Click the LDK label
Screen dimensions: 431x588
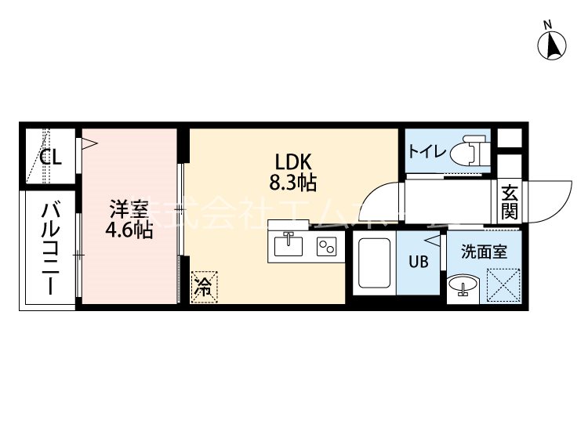(x=294, y=162)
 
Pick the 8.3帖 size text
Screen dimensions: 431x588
(x=294, y=183)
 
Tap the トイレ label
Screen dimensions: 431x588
(x=426, y=151)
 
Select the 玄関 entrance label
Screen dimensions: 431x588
(x=509, y=202)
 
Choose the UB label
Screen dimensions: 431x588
(x=418, y=262)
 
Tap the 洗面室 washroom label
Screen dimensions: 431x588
(x=484, y=252)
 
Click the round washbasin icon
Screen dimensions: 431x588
(x=463, y=287)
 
